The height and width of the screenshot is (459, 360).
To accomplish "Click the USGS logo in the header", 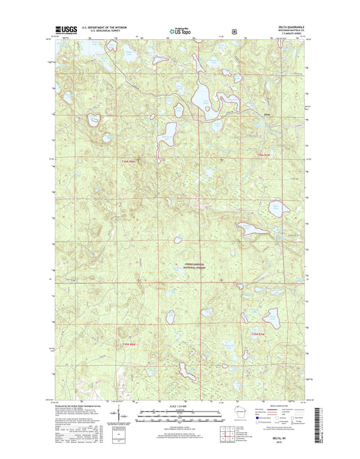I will tap(61, 30).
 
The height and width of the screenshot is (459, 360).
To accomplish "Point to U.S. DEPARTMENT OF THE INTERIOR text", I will tap(105, 27).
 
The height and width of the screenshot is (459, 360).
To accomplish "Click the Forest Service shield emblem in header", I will tap(213, 30).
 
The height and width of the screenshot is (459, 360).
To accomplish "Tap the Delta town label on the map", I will tap(267, 115).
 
